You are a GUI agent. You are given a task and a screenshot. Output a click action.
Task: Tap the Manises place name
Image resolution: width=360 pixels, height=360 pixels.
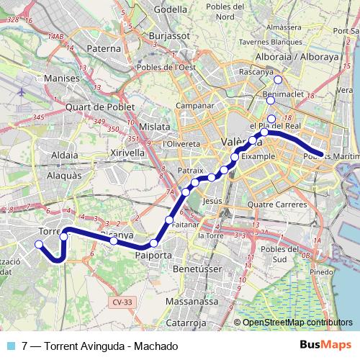tap(60, 77)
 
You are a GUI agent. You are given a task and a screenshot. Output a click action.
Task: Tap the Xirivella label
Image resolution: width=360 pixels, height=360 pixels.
tap(127, 153)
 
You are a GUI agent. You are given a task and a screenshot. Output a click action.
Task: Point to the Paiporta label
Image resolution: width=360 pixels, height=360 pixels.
tap(153, 254)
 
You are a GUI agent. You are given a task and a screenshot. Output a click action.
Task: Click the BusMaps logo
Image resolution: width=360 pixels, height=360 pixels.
tap(325, 345)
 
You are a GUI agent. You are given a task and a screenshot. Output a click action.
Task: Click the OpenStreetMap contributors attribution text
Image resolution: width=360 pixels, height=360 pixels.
tap(297, 323)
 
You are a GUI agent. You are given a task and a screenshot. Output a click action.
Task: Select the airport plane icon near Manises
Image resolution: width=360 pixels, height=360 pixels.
tap(22, 93)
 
